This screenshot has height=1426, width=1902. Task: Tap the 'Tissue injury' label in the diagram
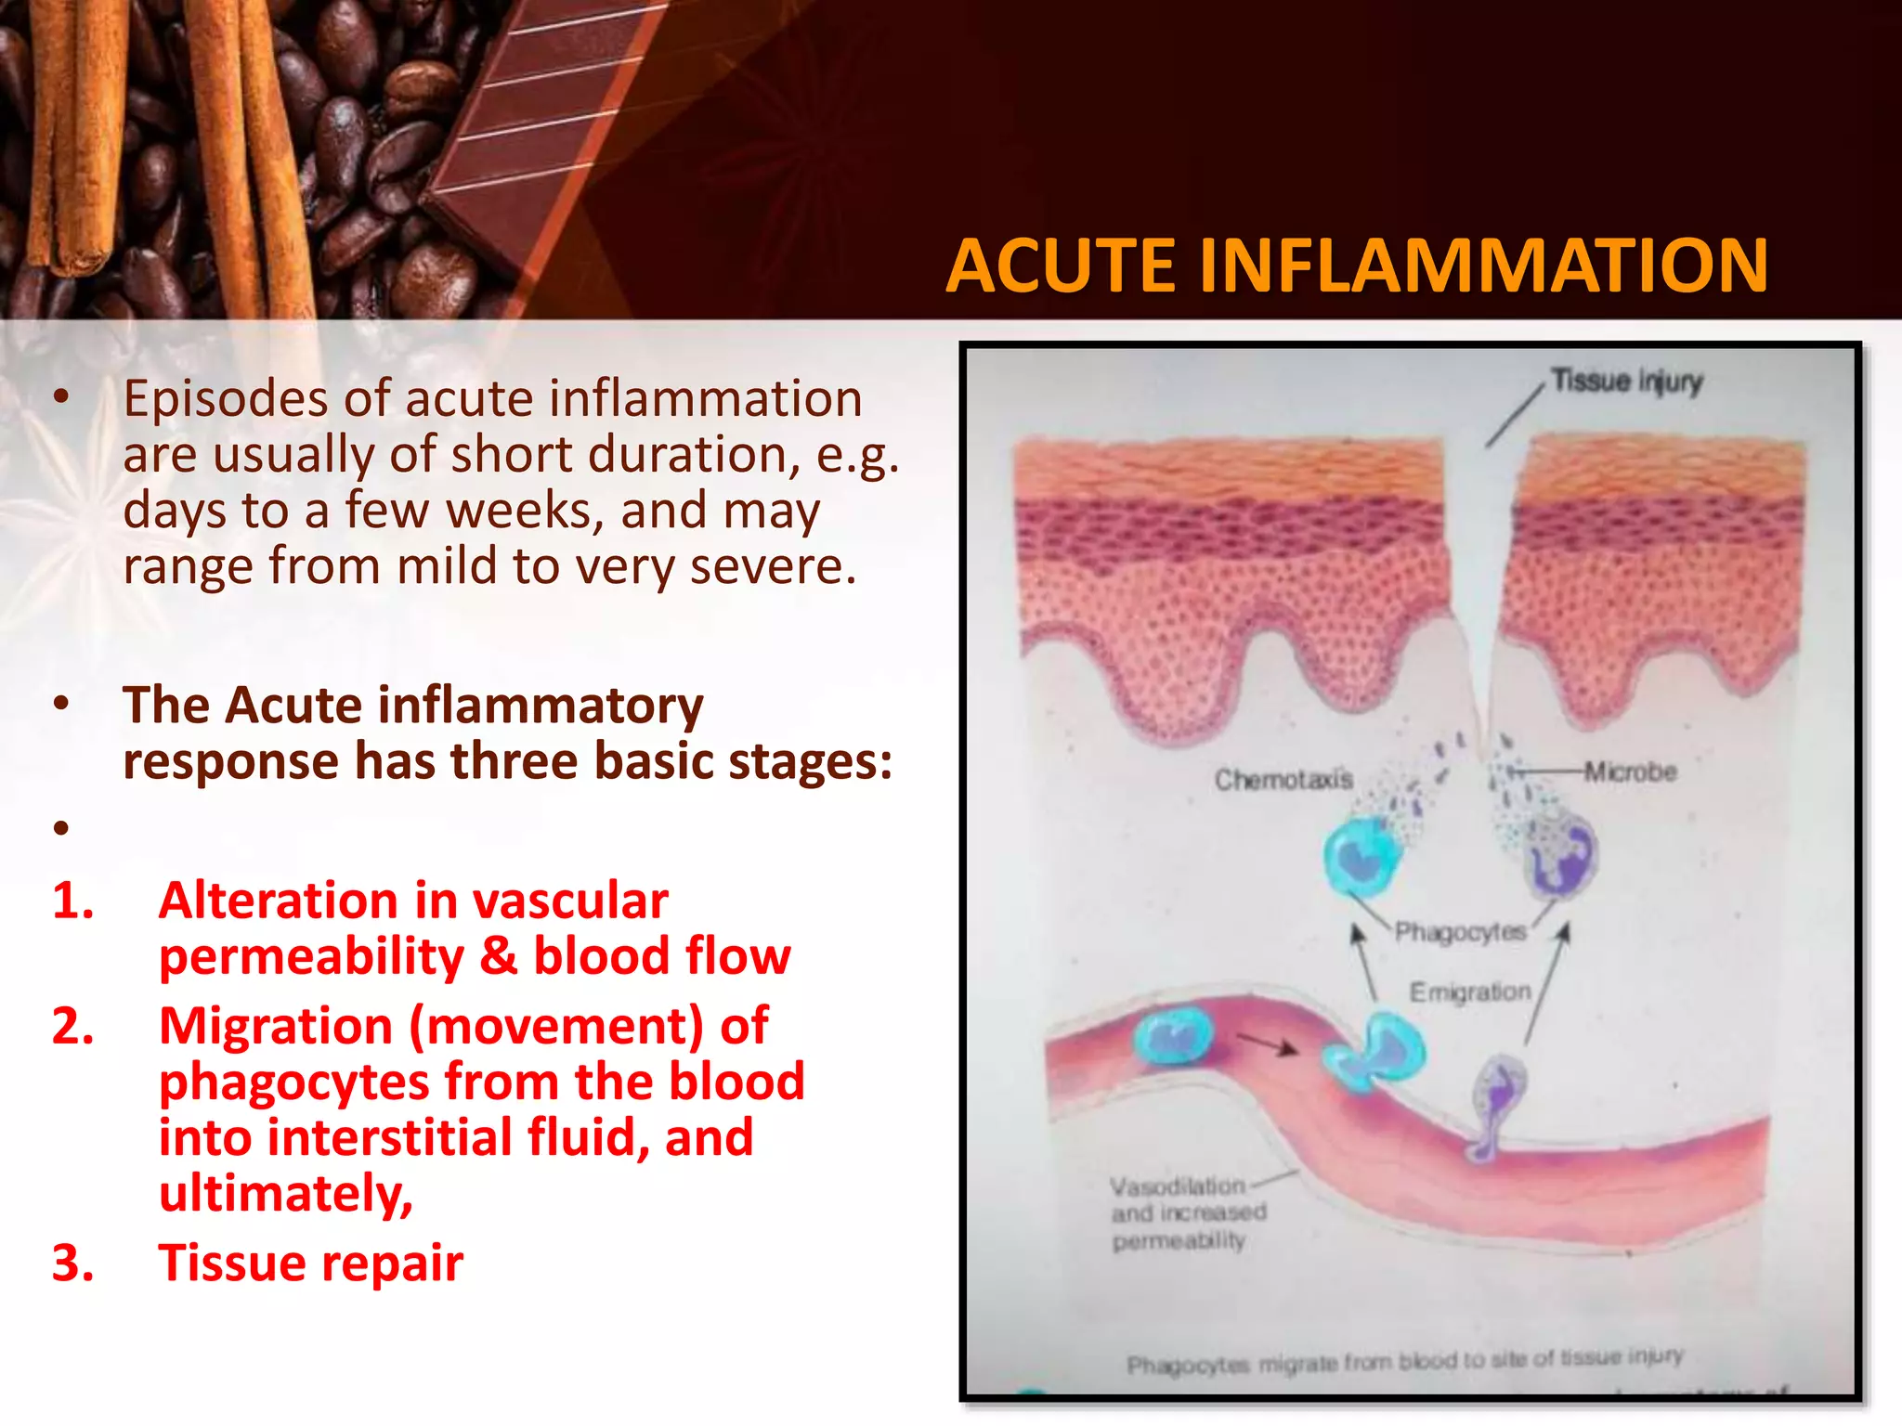(1627, 381)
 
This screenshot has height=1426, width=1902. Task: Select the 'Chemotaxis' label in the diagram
(1283, 779)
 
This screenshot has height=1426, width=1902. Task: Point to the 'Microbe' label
(1631, 771)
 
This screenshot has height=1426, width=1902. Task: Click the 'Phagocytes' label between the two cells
(1460, 931)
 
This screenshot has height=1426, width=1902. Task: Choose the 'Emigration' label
(1470, 992)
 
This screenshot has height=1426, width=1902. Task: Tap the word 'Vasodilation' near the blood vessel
(1177, 1186)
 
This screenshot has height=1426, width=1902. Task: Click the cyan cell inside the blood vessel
(1174, 1037)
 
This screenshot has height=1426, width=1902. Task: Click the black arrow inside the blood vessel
(1268, 1044)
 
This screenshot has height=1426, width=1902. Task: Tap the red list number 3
(72, 1263)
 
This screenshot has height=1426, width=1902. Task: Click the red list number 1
(72, 901)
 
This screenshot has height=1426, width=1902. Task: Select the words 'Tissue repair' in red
(311, 1263)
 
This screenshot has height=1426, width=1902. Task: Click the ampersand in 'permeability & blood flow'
(499, 956)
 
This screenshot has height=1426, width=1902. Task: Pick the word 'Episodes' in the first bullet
(226, 399)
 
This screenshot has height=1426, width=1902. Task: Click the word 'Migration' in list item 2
(276, 1027)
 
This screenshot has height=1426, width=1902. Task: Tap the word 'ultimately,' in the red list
(286, 1194)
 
